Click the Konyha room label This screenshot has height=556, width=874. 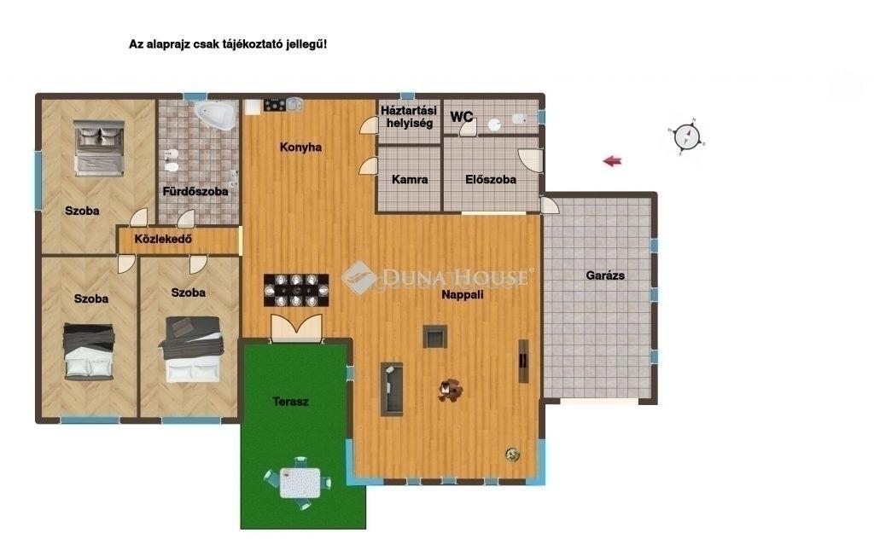(x=300, y=148)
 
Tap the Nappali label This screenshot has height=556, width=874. (x=462, y=295)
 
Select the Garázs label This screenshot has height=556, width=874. (x=605, y=275)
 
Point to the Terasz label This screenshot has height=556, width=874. (x=290, y=401)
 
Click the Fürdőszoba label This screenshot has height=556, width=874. (x=195, y=191)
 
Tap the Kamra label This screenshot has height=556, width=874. (x=410, y=179)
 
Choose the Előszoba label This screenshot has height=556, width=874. (x=491, y=179)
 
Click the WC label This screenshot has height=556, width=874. (x=462, y=117)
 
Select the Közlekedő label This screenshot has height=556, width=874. (x=163, y=239)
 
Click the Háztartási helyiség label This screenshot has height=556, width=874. (x=410, y=117)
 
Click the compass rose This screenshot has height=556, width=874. (x=686, y=136)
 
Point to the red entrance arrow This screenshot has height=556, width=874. (x=612, y=161)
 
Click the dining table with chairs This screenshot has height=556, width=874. (x=296, y=290)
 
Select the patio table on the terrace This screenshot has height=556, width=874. (x=300, y=483)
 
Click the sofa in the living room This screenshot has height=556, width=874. (x=392, y=389)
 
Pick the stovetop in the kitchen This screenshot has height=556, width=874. (x=275, y=104)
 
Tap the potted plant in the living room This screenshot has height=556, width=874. (x=513, y=455)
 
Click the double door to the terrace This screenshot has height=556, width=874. (x=296, y=328)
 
